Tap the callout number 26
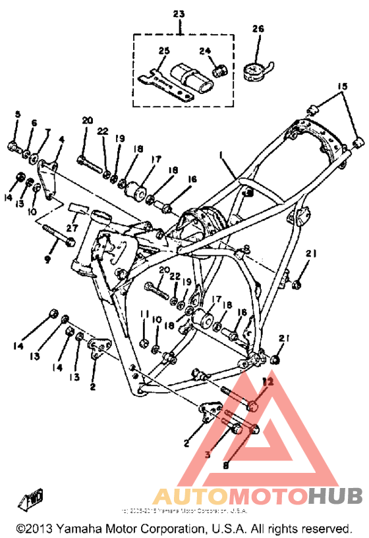click(x=258, y=28)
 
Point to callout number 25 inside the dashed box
click(x=163, y=50)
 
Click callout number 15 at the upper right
click(x=341, y=86)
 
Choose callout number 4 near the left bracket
click(x=61, y=139)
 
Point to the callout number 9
click(x=47, y=259)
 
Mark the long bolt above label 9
click(x=59, y=234)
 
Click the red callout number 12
click(x=267, y=381)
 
